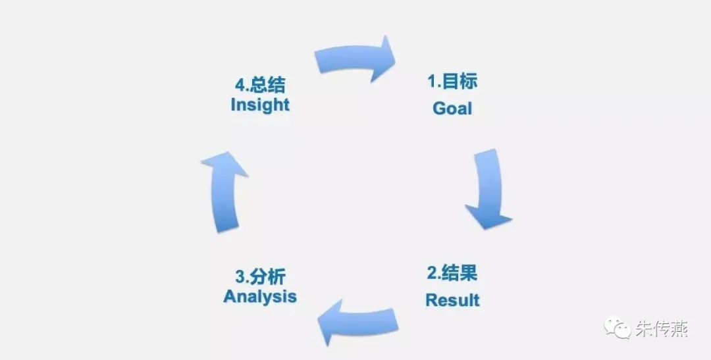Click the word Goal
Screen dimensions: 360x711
tap(452, 108)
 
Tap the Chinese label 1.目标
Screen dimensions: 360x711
tap(452, 82)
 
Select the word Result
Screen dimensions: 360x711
tap(452, 300)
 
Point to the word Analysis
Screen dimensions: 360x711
tap(260, 296)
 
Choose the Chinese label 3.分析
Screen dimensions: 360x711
tap(260, 275)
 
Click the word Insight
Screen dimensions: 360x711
tap(260, 105)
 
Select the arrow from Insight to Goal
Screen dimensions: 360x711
tap(355, 59)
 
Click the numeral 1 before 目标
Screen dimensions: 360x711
tap(432, 82)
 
